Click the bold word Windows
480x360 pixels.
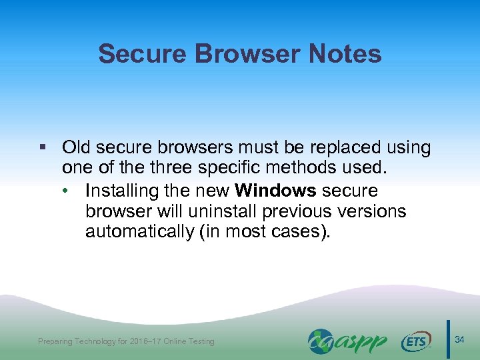click(x=275, y=191)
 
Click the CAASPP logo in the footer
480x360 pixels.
click(x=347, y=341)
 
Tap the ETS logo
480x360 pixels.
click(x=416, y=341)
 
